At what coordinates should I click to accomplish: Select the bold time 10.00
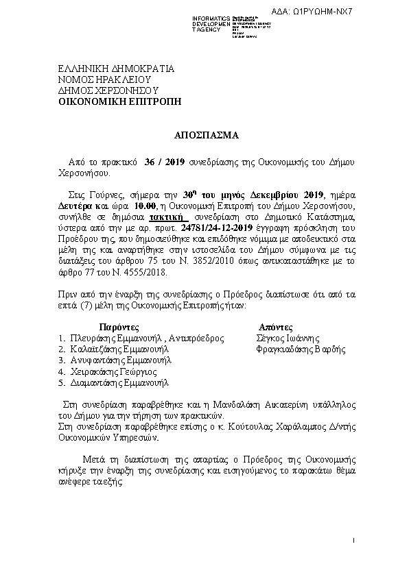(145, 205)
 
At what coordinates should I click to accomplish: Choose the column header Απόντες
(277, 327)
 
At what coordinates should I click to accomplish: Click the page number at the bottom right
(352, 541)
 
